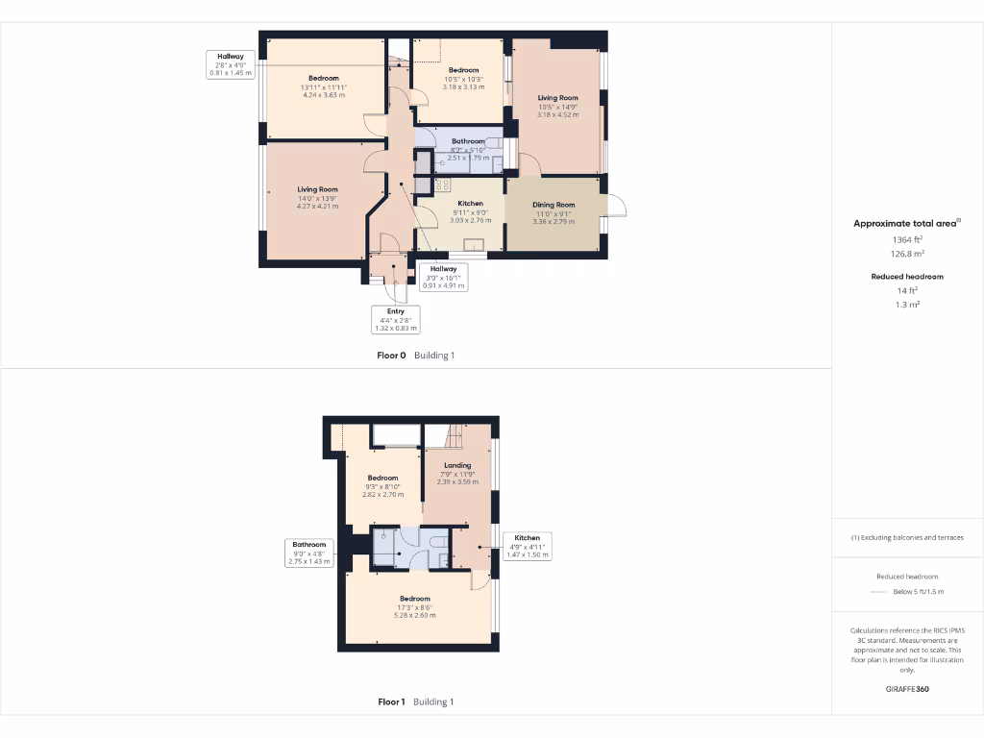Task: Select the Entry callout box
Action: [395, 319]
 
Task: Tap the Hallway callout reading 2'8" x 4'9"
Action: [230, 64]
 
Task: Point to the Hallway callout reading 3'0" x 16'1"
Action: [443, 277]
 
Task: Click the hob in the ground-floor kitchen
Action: [443, 184]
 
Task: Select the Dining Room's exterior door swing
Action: [615, 206]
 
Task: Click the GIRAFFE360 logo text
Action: [907, 689]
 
